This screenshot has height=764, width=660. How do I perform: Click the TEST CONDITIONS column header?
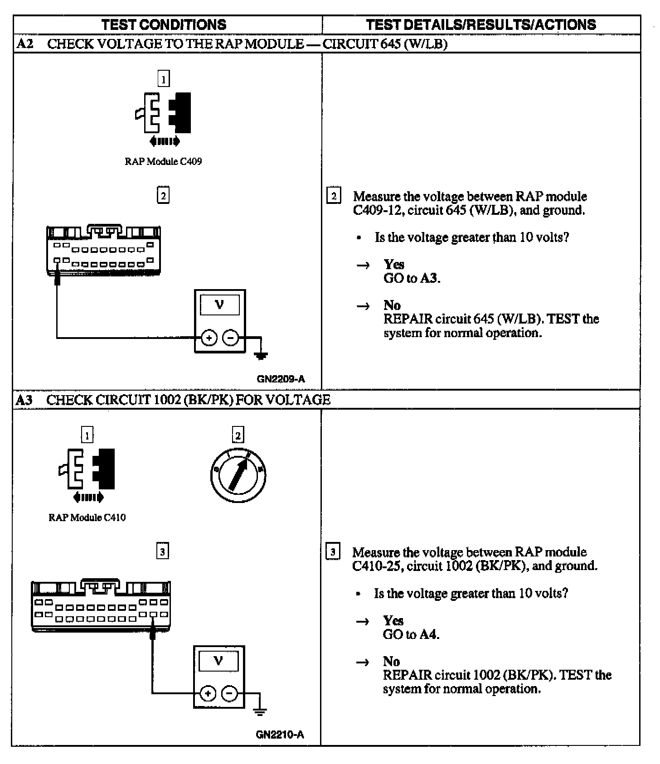click(164, 24)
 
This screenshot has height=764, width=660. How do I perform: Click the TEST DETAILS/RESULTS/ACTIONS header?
click(481, 24)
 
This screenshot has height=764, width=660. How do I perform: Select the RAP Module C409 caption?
click(163, 161)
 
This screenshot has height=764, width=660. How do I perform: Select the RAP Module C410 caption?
click(87, 517)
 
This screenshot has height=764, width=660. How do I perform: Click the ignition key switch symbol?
click(238, 475)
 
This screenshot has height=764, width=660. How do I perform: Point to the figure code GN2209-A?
click(281, 379)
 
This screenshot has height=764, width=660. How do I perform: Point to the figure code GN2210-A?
click(280, 735)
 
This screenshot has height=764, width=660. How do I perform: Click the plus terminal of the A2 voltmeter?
click(209, 338)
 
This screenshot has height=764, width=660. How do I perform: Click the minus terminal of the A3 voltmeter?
click(229, 694)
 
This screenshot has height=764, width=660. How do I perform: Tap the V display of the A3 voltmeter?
click(218, 661)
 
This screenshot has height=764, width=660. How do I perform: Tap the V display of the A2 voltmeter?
click(220, 305)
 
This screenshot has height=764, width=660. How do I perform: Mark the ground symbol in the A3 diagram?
click(260, 711)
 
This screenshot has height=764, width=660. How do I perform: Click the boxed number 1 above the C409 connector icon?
click(163, 79)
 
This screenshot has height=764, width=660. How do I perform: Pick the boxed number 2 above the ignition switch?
click(238, 435)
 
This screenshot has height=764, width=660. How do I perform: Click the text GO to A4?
click(411, 634)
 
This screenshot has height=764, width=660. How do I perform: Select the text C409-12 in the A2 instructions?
click(375, 210)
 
